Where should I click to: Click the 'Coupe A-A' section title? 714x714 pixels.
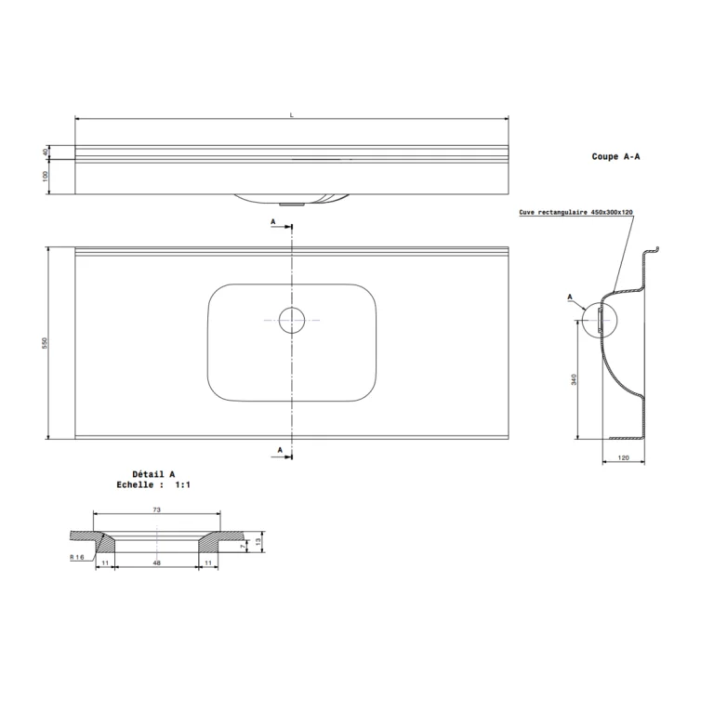click(x=615, y=156)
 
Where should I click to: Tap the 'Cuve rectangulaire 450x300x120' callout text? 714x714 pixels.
click(x=576, y=212)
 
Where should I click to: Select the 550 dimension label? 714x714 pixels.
click(x=45, y=343)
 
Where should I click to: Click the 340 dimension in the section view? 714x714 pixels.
click(x=574, y=379)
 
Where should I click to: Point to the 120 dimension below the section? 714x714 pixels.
click(x=624, y=457)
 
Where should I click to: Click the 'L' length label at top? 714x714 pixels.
click(x=292, y=115)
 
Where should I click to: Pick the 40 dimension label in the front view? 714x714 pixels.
click(x=45, y=152)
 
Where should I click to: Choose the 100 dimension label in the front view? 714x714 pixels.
click(x=45, y=177)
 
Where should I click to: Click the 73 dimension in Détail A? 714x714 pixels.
click(x=156, y=510)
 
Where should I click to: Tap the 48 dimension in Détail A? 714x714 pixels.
click(x=156, y=562)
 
